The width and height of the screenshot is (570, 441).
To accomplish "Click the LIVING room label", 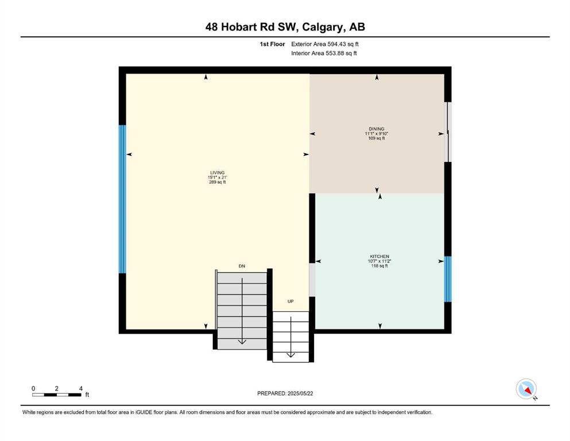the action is coord(218,173).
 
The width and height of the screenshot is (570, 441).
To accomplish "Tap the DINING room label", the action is coord(376,129).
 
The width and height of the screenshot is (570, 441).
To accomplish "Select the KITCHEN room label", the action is coord(379,256).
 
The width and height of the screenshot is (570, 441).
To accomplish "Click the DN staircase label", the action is coord(242,266).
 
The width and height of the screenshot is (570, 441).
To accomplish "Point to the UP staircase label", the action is coord(290,301).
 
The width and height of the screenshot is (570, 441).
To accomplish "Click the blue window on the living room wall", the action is coord(122,199).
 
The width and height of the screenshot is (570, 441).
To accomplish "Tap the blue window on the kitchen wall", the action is coord(448,279).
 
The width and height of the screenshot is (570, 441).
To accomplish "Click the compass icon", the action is coord(526,389).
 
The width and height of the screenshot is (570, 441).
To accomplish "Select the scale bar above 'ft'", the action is coord(57,394).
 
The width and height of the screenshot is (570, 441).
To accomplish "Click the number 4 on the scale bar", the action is coord(81,388).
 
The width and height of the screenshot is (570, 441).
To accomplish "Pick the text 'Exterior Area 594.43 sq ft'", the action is coord(325,44).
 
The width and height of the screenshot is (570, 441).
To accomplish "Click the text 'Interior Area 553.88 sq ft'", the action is coord(324,53).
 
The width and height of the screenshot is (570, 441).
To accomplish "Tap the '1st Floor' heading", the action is coord(272,44).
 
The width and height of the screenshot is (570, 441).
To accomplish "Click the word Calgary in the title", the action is coord(322,27).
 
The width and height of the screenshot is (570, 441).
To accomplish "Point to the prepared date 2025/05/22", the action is coord(300,393).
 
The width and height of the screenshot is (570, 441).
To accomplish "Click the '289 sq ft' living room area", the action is coord(218,182).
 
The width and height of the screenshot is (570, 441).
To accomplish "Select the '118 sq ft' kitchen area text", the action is coord(379,266).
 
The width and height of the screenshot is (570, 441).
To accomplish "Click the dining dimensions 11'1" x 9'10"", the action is coord(376,133).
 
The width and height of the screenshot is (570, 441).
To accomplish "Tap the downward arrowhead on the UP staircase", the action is coord(290,355).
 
